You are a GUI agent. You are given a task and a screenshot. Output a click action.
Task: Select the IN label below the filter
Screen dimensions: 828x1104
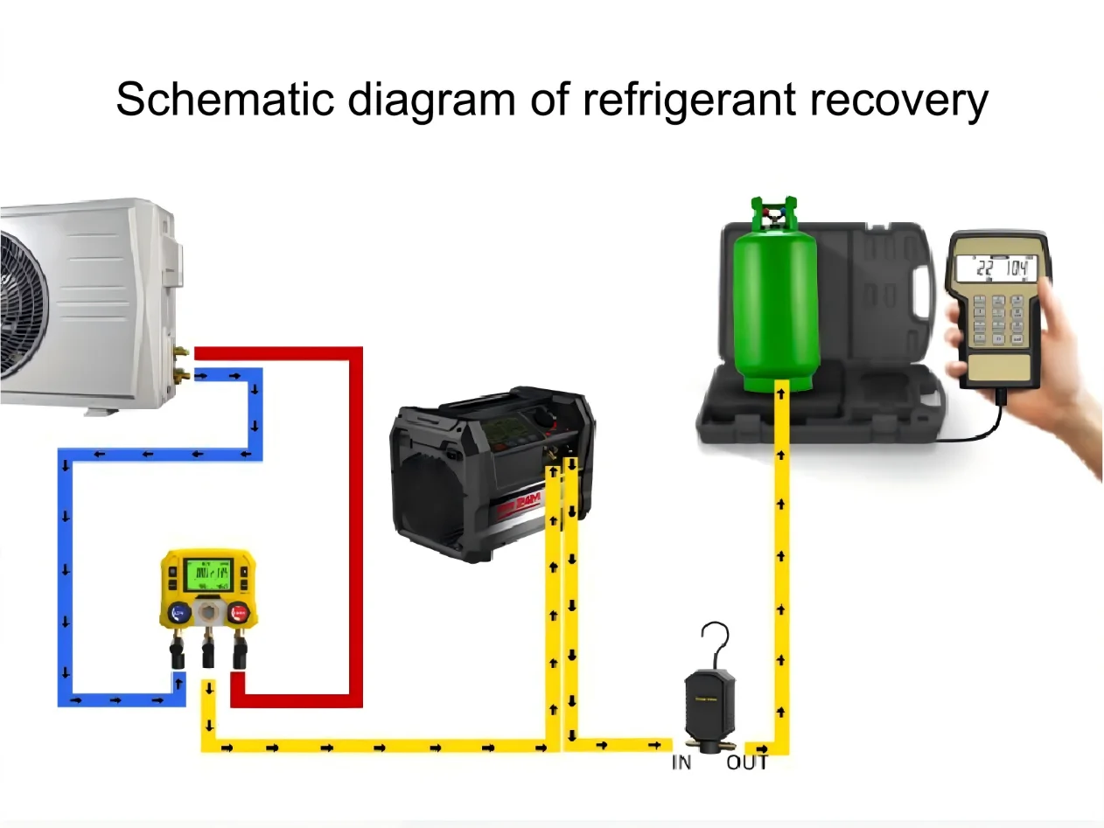pyautogui.click(x=681, y=762)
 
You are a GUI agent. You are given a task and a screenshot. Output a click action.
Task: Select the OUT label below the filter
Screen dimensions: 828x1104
pyautogui.click(x=746, y=762)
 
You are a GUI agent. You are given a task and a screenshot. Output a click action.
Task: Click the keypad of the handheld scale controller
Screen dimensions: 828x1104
pyautogui.click(x=998, y=318)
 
